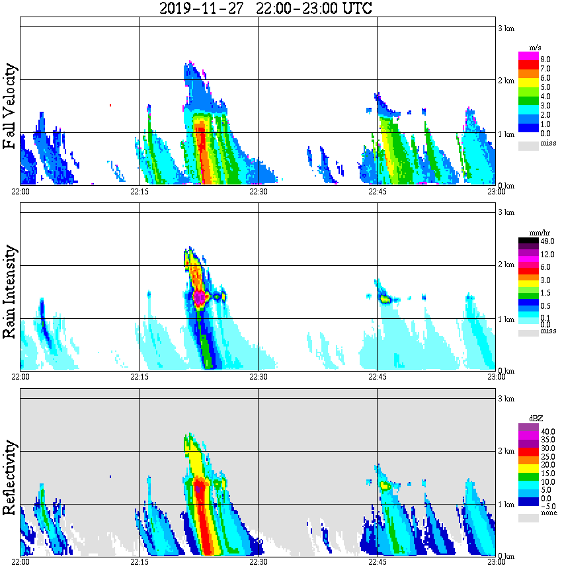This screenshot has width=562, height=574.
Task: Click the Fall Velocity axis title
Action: pyautogui.click(x=9, y=107)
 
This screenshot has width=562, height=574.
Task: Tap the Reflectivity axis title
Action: pyautogui.click(x=9, y=477)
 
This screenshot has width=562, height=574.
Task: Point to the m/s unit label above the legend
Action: pyautogui.click(x=536, y=48)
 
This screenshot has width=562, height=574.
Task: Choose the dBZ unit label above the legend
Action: pyautogui.click(x=536, y=419)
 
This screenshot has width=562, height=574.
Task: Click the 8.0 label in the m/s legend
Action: pyautogui.click(x=545, y=59)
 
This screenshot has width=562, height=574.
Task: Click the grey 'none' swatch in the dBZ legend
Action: pyautogui.click(x=528, y=518)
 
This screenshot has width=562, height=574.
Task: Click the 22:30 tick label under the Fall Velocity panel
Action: pyautogui.click(x=258, y=192)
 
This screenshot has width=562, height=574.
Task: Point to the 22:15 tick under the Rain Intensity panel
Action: pyautogui.click(x=139, y=377)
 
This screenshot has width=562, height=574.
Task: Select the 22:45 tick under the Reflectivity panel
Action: pyautogui.click(x=377, y=562)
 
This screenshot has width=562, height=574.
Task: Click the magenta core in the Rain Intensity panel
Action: pyautogui.click(x=199, y=298)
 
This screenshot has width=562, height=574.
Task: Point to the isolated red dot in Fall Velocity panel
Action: pyautogui.click(x=110, y=104)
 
